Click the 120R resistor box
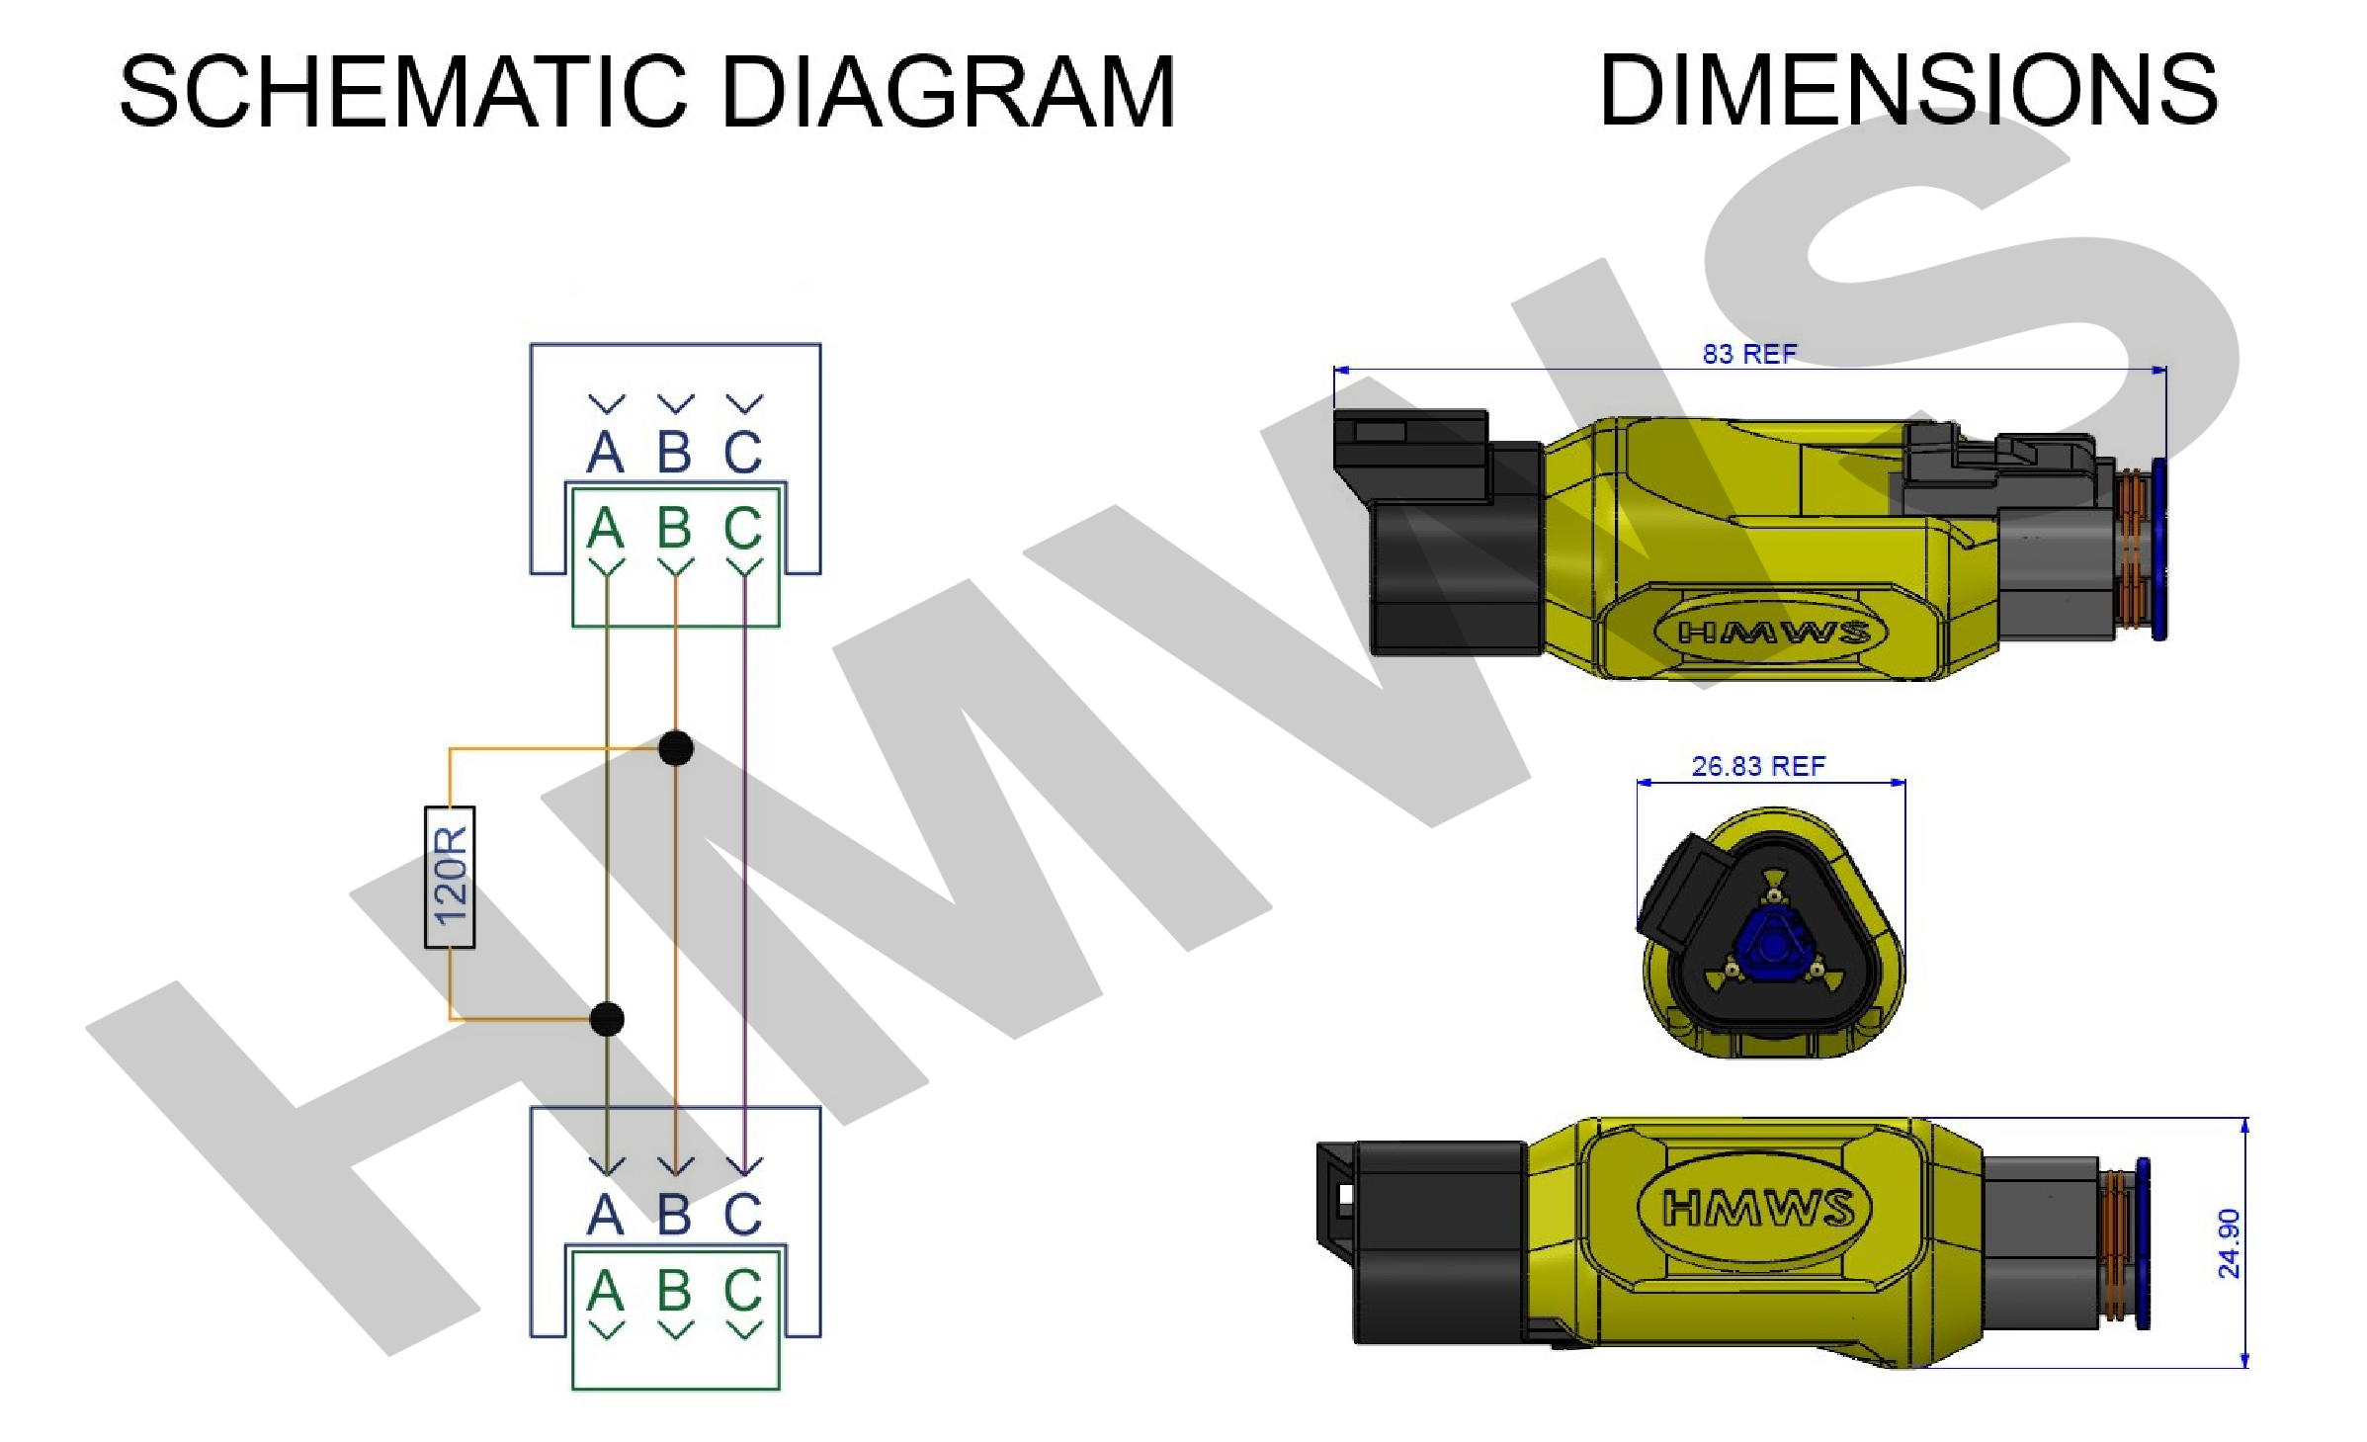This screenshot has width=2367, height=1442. tap(450, 878)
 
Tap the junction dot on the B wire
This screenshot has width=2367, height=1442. tap(676, 748)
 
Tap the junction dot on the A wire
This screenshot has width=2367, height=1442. tap(607, 1019)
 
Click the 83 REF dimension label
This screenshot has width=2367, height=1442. tap(1749, 354)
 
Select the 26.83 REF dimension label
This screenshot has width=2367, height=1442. tap(1758, 766)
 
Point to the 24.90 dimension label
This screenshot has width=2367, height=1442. tap(2229, 1243)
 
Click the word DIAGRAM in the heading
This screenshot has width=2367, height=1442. tap(949, 91)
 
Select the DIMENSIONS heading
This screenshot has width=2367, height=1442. tap(1908, 90)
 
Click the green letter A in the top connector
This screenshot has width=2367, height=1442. tap(606, 528)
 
